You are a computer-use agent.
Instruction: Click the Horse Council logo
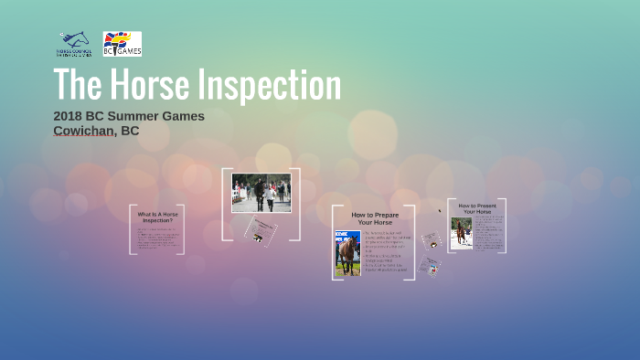tap(74, 44)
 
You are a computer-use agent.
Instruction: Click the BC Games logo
tap(122, 44)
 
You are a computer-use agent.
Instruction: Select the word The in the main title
tap(76, 85)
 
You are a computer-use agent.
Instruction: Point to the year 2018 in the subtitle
tap(69, 116)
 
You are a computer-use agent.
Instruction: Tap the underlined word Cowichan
tap(84, 131)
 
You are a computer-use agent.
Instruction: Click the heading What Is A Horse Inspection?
tap(157, 217)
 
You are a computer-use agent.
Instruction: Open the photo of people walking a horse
tap(261, 193)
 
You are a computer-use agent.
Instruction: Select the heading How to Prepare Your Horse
tap(375, 218)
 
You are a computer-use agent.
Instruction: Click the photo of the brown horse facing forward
tap(347, 253)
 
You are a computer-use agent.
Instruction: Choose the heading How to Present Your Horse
tap(476, 209)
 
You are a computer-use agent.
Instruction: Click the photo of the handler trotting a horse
tap(461, 233)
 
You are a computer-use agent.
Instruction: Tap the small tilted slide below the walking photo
tap(261, 230)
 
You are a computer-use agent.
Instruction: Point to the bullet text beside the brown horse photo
tap(387, 251)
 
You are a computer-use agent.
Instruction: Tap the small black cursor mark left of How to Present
tap(440, 210)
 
